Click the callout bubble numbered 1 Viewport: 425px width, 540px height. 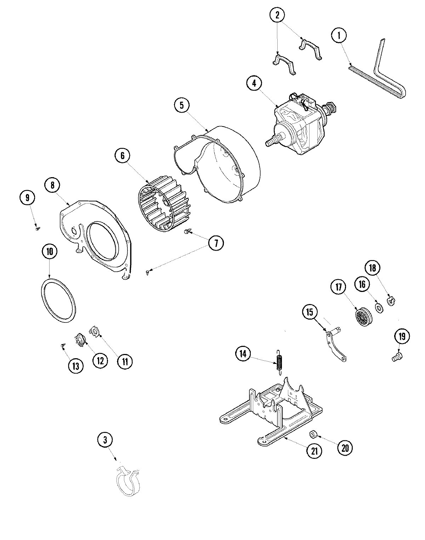tap(339, 35)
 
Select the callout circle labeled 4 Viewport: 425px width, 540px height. tap(254, 84)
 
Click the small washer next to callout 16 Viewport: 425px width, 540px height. tap(379, 305)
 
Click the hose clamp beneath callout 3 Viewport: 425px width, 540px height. tap(129, 482)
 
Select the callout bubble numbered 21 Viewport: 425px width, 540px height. tap(314, 451)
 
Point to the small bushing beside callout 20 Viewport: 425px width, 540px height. tap(313, 434)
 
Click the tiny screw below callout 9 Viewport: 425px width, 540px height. tap(37, 229)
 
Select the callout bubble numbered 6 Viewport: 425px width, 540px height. tap(123, 156)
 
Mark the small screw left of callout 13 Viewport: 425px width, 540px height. tap(62, 345)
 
